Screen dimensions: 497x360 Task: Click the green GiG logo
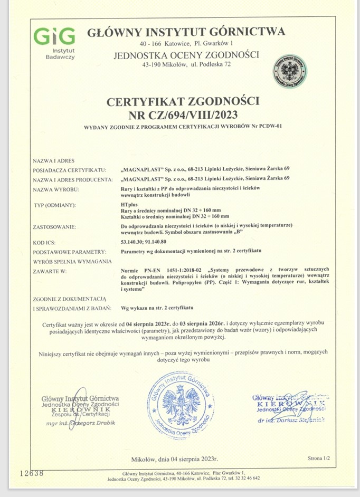coord(54,36)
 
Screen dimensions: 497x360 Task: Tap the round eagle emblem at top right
coord(290,70)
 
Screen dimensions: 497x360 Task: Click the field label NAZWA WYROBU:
coord(56,188)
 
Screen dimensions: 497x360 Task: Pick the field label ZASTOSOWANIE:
coord(54,226)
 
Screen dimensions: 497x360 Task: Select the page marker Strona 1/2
coord(318,458)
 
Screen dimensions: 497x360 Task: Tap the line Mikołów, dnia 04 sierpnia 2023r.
coord(175,458)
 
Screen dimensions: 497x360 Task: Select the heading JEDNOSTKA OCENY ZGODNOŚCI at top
coord(186,55)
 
